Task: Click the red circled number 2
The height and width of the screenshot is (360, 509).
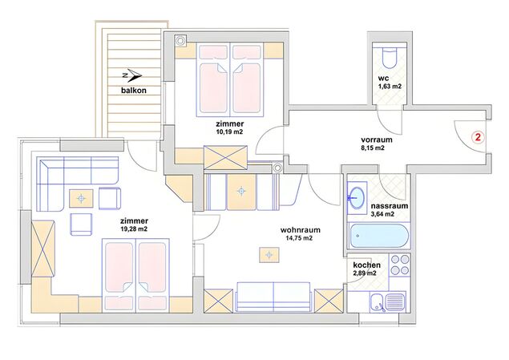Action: click(x=478, y=137)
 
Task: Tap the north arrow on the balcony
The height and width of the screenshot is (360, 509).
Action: click(x=132, y=75)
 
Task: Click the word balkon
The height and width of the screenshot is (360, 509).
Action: click(x=134, y=91)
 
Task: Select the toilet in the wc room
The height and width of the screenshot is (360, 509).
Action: click(x=390, y=58)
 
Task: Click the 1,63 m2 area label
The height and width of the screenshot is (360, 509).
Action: click(x=390, y=87)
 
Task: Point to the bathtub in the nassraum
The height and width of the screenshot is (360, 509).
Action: click(x=379, y=236)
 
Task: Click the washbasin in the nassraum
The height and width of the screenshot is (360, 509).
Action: click(x=357, y=198)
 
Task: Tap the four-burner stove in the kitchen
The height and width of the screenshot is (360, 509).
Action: click(x=400, y=265)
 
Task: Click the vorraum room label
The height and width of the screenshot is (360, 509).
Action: click(x=377, y=140)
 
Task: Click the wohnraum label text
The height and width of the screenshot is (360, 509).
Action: click(x=301, y=230)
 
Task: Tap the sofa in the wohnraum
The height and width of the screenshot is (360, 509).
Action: click(x=273, y=297)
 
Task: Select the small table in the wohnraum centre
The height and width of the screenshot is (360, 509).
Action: click(x=269, y=255)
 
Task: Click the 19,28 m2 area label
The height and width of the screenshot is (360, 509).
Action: click(x=134, y=229)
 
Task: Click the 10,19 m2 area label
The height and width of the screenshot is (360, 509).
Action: click(x=229, y=131)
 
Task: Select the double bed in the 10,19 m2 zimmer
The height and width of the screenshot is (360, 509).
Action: click(x=230, y=80)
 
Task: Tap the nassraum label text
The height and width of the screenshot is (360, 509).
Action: click(x=390, y=206)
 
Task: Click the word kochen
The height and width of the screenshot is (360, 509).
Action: click(x=367, y=265)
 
